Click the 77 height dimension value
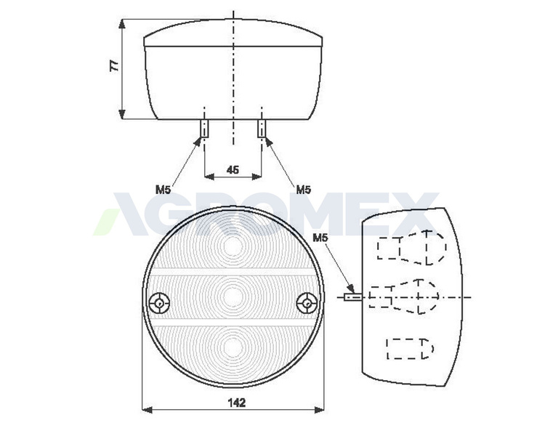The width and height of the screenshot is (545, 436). click(x=114, y=66)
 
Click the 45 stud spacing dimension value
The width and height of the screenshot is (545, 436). click(x=233, y=169)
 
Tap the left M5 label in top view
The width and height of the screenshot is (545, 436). click(x=163, y=190)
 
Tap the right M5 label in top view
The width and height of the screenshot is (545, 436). click(x=303, y=190)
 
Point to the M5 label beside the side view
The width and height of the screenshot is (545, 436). click(x=320, y=238)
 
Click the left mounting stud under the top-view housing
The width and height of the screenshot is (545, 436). click(x=204, y=129)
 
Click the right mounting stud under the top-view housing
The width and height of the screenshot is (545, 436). click(x=262, y=129)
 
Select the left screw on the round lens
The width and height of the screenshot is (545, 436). click(x=158, y=302)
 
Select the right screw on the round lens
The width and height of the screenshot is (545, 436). click(x=310, y=302)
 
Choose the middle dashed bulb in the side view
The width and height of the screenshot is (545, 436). click(x=406, y=296)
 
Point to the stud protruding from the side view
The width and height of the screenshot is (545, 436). click(x=352, y=296)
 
